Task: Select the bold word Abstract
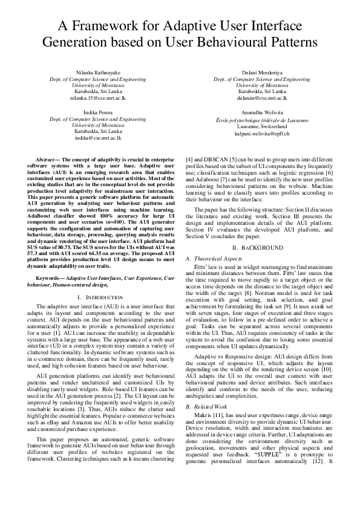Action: click(x=47, y=159)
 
